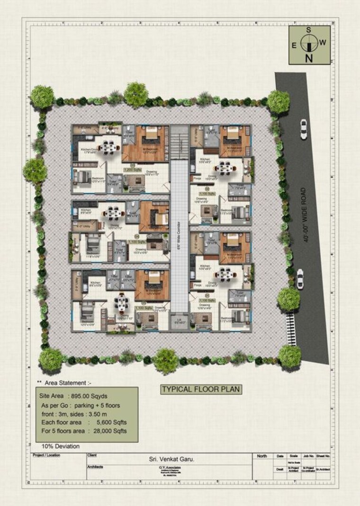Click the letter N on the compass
pos(309,58)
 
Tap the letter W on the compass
pos(323,42)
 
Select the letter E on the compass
pos(294,45)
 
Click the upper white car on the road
pos(303,129)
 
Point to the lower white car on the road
pos(300,279)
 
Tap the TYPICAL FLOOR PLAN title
pos(201,390)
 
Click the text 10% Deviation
pos(60,446)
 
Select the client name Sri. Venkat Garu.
pos(169,459)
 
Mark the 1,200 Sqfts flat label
pos(134,169)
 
